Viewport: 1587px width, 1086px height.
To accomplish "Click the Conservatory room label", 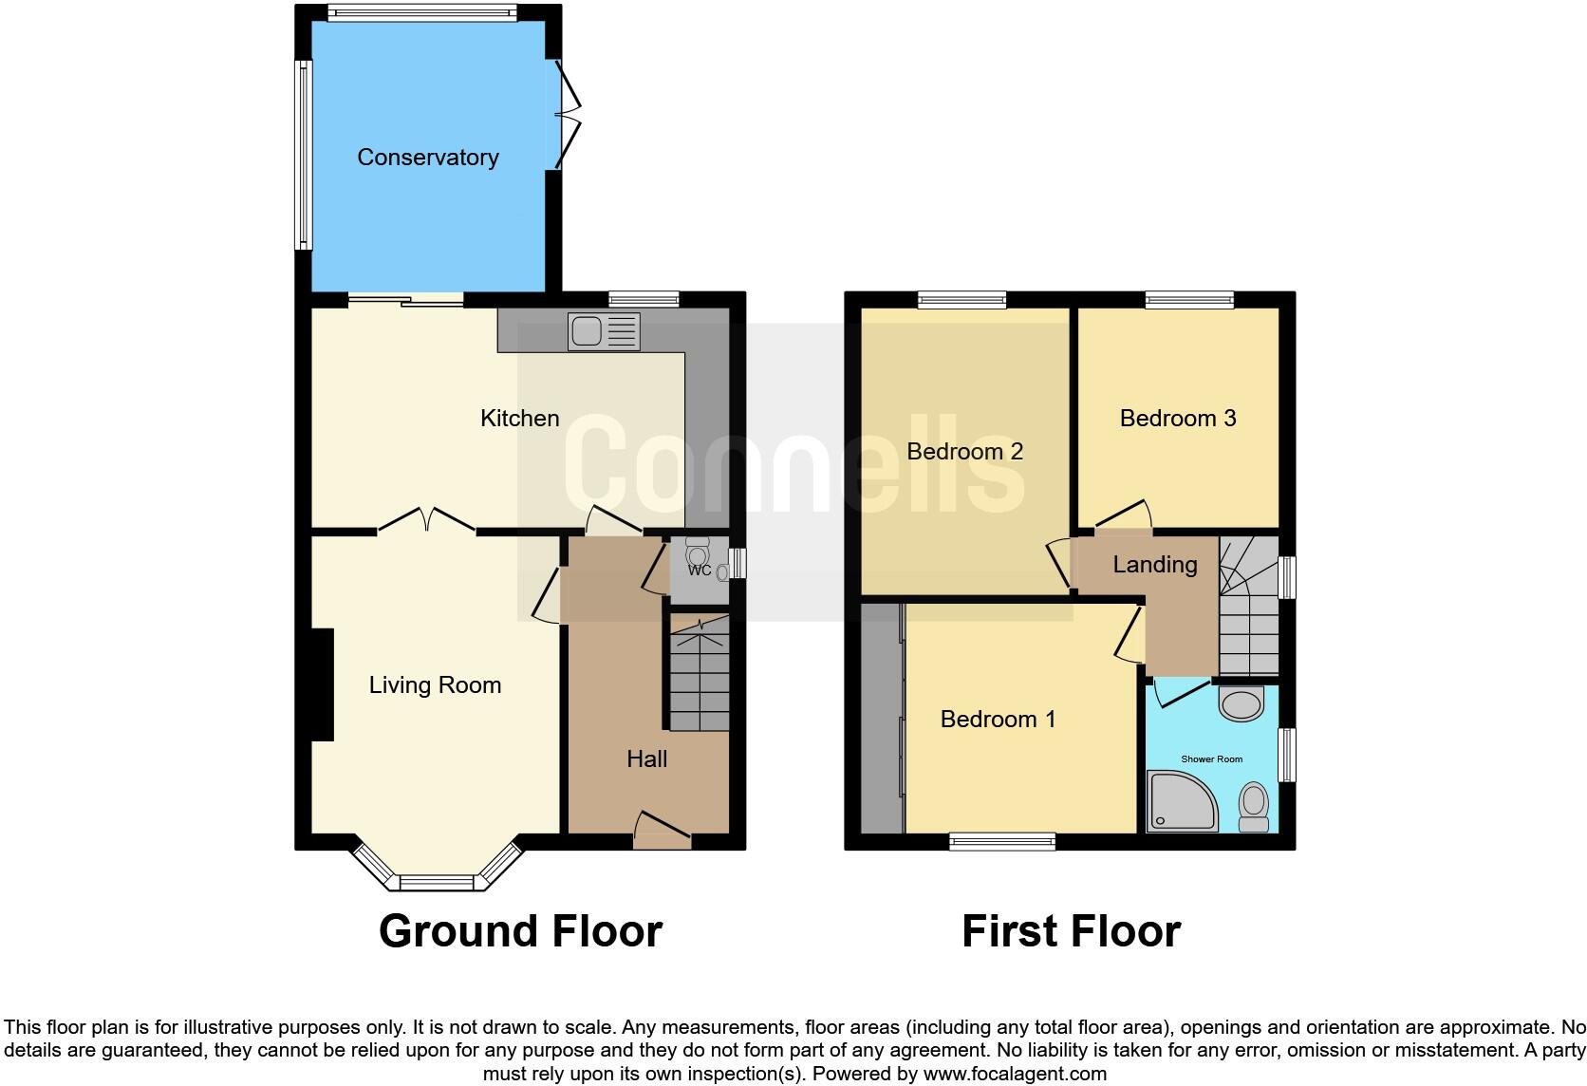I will pos(427,158).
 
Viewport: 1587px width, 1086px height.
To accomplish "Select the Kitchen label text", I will pos(519,419).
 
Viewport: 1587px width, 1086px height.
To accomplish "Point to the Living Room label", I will pos(435,685).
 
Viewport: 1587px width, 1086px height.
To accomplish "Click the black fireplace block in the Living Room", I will pos(322,684).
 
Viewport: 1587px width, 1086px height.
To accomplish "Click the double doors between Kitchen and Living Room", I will pos(427,521).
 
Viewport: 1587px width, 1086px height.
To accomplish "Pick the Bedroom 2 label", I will pos(964,451).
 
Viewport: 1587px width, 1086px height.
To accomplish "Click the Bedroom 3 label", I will pos(1177,419).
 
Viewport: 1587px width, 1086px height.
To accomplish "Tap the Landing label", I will pos(1154,565).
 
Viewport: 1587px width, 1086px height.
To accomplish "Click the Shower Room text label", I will pos(1211,759).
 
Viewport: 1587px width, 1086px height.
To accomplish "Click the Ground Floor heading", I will pos(520,931).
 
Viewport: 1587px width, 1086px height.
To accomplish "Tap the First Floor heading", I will pos(1071,931).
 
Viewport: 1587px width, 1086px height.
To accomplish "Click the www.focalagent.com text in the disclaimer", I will pos(1015,1075).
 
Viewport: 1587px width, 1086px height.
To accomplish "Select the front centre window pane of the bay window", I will pos(437,883).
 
